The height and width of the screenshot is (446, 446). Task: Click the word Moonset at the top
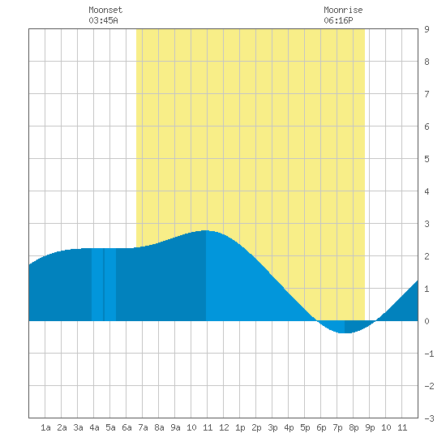click(105, 10)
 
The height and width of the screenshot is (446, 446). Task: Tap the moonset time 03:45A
click(103, 20)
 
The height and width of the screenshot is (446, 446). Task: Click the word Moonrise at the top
click(343, 10)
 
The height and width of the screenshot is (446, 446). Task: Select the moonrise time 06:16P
click(338, 20)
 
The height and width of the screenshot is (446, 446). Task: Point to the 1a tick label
click(45, 427)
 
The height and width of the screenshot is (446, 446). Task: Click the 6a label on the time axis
click(127, 427)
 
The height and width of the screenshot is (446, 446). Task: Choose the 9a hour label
click(175, 427)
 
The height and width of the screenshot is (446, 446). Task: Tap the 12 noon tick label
click(224, 427)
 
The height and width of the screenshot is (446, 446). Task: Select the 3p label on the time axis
click(272, 427)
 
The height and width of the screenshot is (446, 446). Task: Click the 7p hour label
click(337, 427)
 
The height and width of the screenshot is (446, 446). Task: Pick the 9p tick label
click(370, 427)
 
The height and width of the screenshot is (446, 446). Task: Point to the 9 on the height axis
click(427, 29)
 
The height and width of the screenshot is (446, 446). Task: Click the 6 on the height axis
click(427, 127)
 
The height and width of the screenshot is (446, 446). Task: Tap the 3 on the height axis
click(427, 224)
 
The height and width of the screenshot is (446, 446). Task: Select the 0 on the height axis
click(427, 321)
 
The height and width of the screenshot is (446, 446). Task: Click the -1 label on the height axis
click(429, 354)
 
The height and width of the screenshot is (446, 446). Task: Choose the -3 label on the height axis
click(429, 418)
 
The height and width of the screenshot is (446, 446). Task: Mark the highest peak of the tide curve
click(206, 230)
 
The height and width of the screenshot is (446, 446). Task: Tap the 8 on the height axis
click(427, 62)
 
